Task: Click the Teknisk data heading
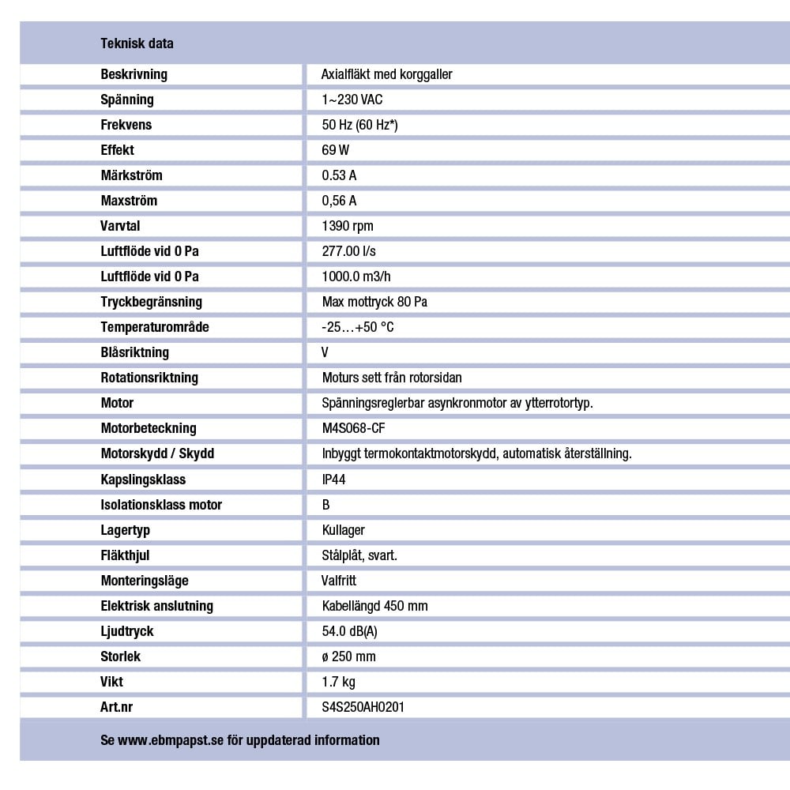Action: click(x=137, y=43)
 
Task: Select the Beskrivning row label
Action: click(x=134, y=74)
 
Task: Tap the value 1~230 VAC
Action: click(x=352, y=100)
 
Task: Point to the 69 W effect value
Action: click(x=336, y=150)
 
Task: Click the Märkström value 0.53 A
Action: click(x=339, y=175)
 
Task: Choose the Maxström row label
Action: click(x=129, y=201)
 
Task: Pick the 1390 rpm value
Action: click(x=348, y=226)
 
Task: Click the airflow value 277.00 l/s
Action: click(x=349, y=251)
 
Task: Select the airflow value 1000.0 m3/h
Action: click(x=356, y=276)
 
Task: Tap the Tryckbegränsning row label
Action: click(x=151, y=302)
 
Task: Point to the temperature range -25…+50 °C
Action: click(x=358, y=327)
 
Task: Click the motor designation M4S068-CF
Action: click(x=354, y=428)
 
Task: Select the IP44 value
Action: click(x=334, y=480)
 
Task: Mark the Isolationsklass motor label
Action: click(x=161, y=505)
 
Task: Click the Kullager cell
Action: click(x=344, y=530)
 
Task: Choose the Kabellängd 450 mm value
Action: click(x=375, y=606)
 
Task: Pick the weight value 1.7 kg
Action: click(x=339, y=682)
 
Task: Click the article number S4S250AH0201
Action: click(x=363, y=707)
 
